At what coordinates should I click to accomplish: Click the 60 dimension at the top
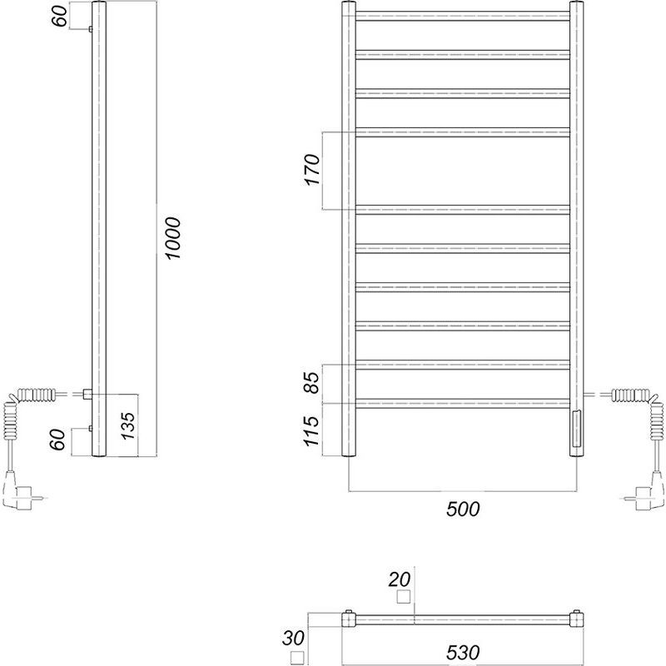pos(60,15)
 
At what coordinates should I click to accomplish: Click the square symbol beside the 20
pos(405,597)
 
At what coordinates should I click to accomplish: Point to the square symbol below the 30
pos(297,659)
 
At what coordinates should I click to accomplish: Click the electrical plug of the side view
pos(18,491)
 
